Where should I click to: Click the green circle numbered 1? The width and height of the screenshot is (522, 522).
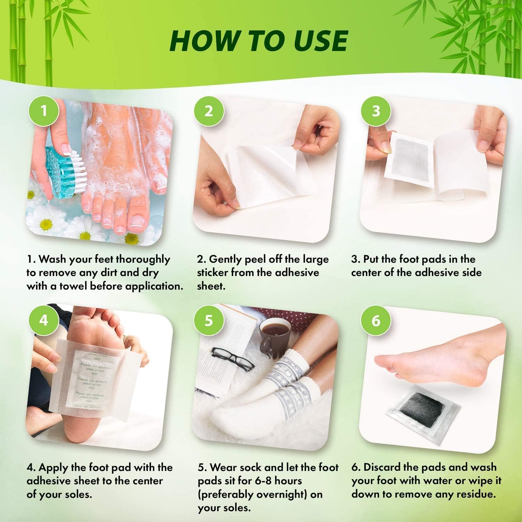[x=43, y=111]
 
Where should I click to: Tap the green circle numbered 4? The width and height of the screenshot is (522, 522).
[x=43, y=320]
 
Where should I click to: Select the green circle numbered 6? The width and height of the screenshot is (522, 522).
[x=376, y=320]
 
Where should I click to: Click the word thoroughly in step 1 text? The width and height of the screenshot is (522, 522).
[x=143, y=259]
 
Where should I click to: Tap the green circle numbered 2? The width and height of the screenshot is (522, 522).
[x=208, y=111]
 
